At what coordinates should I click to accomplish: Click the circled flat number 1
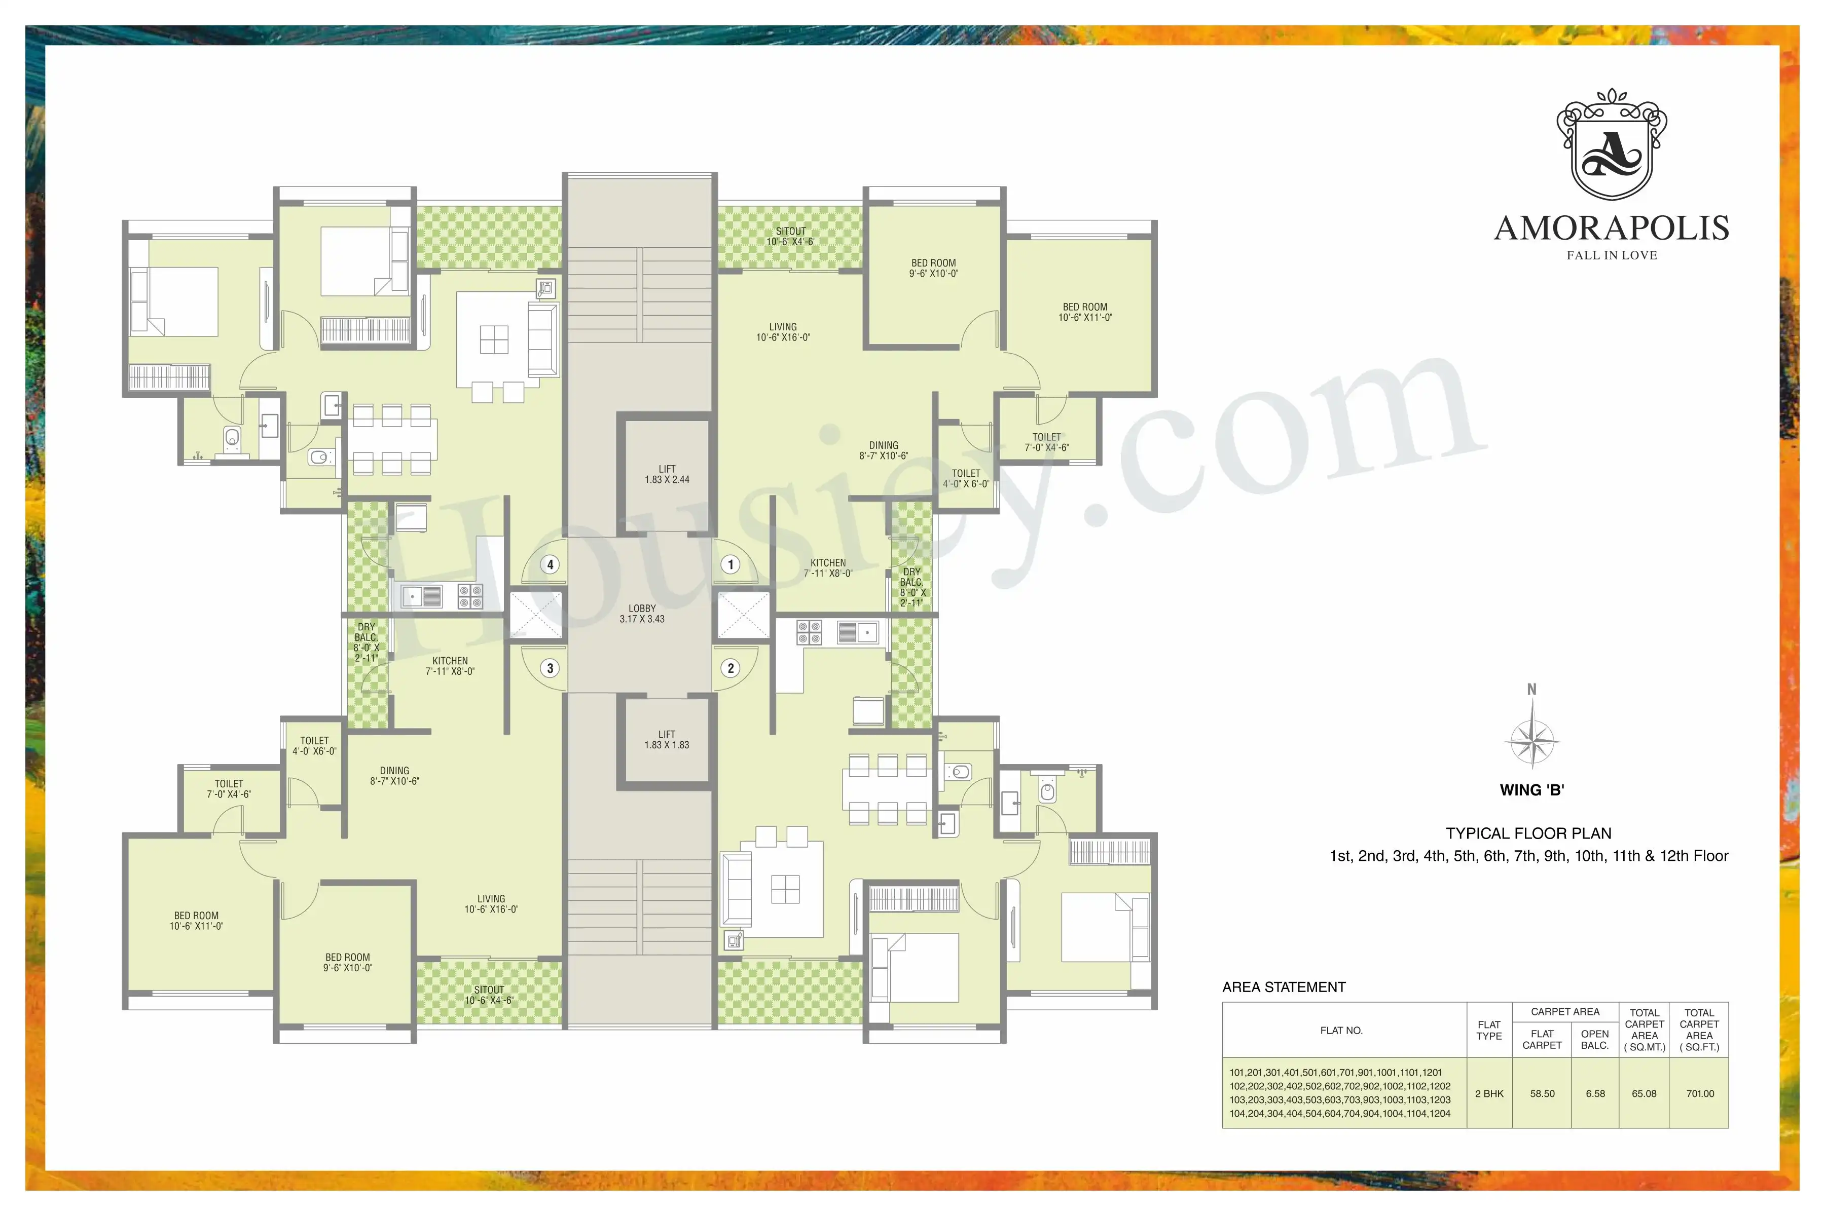[730, 564]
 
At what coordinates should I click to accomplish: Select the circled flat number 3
[550, 668]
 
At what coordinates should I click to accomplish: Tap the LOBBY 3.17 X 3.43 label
[642, 614]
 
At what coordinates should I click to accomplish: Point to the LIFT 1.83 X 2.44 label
[667, 474]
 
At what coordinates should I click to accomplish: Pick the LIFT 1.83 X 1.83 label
[667, 739]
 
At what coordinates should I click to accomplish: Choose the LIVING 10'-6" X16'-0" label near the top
[783, 332]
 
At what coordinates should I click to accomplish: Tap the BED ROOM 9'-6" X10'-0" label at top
[933, 269]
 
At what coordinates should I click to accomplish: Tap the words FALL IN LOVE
[1612, 255]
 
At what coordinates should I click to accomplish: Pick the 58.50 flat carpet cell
[1542, 1093]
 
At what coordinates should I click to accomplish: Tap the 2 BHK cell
[1489, 1093]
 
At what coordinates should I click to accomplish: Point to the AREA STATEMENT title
[1284, 987]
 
